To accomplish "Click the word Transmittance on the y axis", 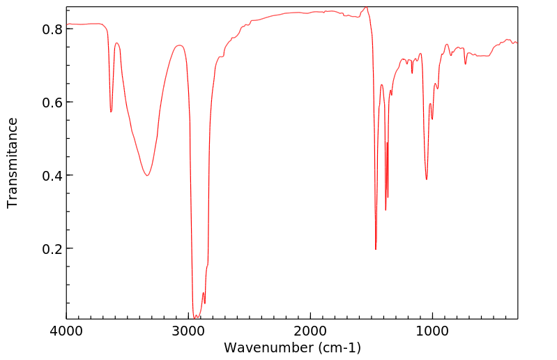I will point(13,163).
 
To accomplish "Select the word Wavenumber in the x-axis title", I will point(266,347).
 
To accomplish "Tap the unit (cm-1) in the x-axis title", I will point(337,347).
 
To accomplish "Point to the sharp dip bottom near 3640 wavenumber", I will point(111,112).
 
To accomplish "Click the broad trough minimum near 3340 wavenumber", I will point(147,175).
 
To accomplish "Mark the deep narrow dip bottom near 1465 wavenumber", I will point(376,249).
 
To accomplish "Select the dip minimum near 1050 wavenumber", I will point(426,179).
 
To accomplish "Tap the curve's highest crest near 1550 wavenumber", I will point(365,8).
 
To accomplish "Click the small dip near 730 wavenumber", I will point(465,64).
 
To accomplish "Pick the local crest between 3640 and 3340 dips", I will point(117,43).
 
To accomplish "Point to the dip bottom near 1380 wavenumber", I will point(386,209).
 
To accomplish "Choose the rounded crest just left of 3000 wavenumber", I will point(180,45).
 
